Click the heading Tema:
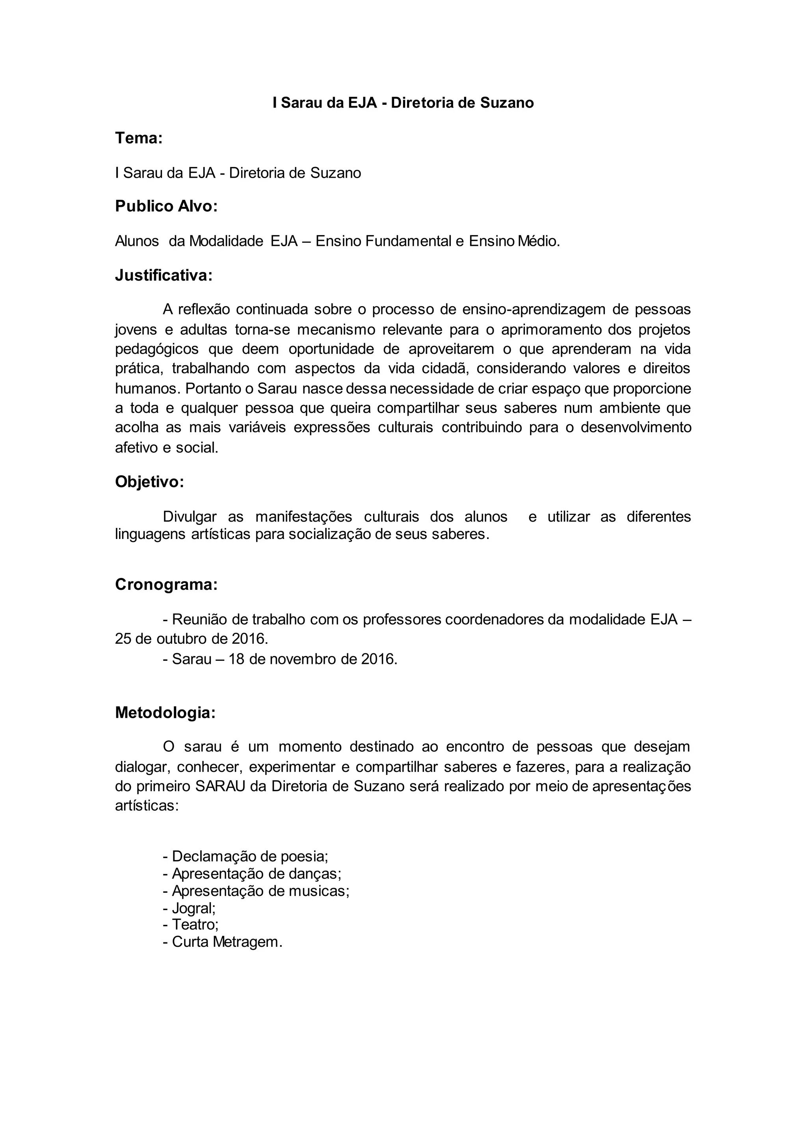tap(139, 138)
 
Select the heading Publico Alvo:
tap(166, 206)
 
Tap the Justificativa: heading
tap(164, 275)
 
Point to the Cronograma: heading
tap(166, 584)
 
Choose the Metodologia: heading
tap(165, 713)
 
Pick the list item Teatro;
tap(191, 925)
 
